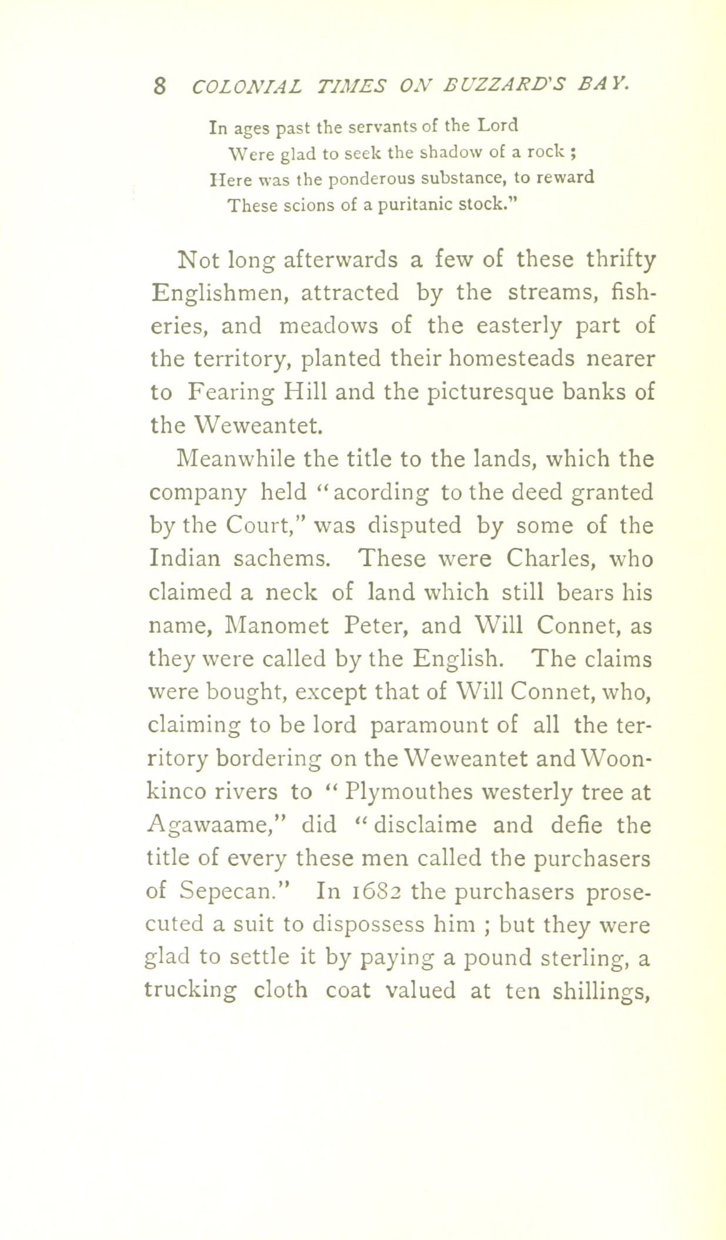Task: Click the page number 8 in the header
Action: click(x=159, y=86)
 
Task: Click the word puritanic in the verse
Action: click(x=415, y=206)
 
